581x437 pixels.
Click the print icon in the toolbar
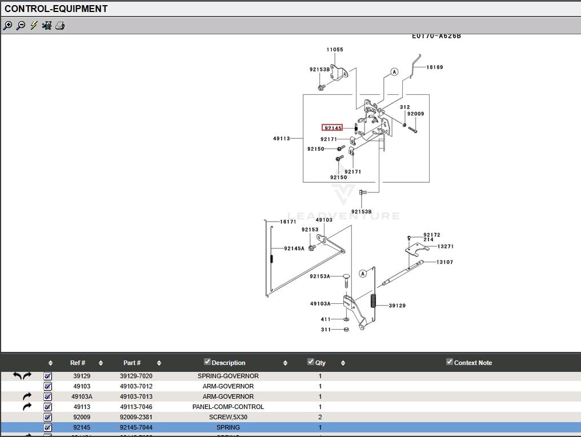60,26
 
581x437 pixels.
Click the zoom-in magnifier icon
7,26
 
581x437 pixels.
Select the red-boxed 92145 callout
332,128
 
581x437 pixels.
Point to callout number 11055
335,50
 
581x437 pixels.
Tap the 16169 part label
435,67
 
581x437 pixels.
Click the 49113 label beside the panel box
282,138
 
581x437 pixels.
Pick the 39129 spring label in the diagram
397,306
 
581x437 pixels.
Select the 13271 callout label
445,247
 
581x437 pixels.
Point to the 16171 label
288,222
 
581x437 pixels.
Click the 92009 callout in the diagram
415,114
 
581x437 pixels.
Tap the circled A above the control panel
394,72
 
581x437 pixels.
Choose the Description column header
229,363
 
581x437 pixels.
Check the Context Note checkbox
450,362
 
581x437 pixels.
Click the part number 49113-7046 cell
136,407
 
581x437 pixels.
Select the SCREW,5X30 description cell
228,417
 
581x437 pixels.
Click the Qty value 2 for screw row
320,417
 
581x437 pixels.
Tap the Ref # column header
78,363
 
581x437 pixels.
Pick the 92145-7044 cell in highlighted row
136,427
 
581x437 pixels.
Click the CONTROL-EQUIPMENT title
56,9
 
